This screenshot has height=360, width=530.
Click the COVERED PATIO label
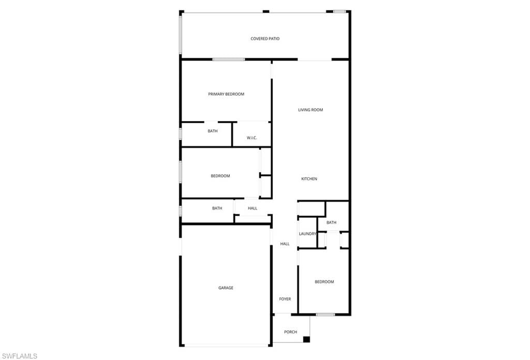point(265,39)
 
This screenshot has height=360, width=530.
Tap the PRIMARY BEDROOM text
point(226,94)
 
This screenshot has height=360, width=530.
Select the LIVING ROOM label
point(311,110)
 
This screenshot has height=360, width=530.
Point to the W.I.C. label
point(252,138)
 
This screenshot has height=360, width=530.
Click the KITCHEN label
point(310,179)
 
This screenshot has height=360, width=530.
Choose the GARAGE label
point(226,288)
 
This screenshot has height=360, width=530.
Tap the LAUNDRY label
point(307,234)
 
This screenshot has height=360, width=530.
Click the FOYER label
point(285,299)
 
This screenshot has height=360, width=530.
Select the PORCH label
point(291,332)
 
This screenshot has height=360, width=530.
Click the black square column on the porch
point(306,339)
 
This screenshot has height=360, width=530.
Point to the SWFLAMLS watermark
point(20,356)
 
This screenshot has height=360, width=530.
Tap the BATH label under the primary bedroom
point(213,131)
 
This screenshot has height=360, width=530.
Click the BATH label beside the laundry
point(331,222)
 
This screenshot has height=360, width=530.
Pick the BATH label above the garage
point(217,208)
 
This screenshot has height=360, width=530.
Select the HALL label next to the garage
point(285,244)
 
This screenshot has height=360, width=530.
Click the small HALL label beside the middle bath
point(253,208)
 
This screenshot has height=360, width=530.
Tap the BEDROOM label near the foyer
point(325,282)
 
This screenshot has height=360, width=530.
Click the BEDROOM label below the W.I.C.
point(220,176)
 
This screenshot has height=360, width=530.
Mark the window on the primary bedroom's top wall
point(229,59)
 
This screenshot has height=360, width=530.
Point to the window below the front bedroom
point(326,315)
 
